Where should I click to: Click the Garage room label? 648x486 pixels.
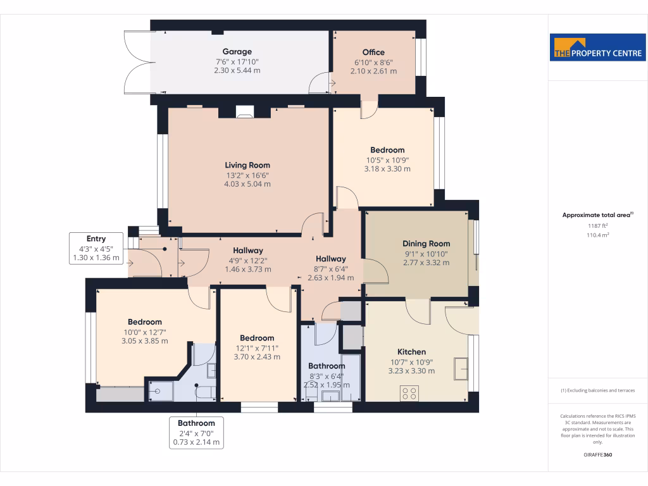[x=237, y=52]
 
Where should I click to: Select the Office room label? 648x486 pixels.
[x=373, y=53]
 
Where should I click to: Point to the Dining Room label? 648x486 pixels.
[x=426, y=244]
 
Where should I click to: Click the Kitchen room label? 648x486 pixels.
[x=411, y=352]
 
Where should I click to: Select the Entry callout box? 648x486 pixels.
[x=96, y=248]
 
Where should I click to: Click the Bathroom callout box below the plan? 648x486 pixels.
[x=196, y=433]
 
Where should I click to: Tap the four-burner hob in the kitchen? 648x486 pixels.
[x=409, y=393]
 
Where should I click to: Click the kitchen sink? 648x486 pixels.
[x=461, y=368]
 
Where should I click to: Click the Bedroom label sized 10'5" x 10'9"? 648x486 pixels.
[x=387, y=150]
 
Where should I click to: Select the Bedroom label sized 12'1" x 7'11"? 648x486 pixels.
[x=257, y=338]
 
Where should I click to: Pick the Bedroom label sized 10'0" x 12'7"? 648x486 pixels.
[x=144, y=321]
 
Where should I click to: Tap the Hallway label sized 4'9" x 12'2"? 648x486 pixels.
[x=247, y=251]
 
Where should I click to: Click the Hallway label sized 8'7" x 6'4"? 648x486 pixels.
[x=331, y=259]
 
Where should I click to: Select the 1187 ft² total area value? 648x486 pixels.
[x=598, y=225]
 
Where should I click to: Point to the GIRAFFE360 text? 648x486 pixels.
[x=598, y=455]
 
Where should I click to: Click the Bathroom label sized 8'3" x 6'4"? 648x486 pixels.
[x=327, y=366]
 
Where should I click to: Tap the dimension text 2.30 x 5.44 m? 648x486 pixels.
[x=237, y=70]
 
